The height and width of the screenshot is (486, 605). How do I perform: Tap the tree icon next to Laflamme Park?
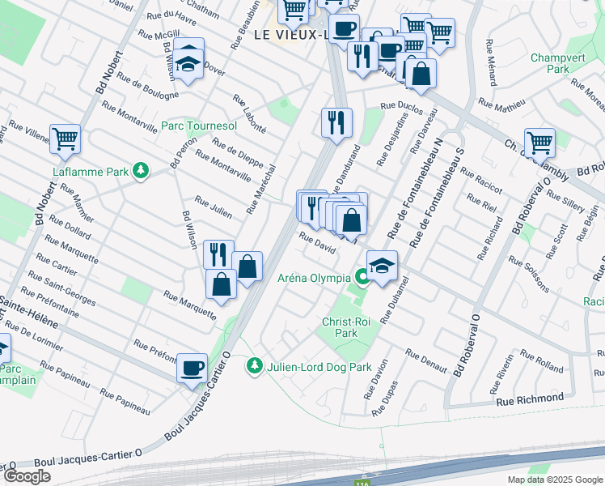point(142,170)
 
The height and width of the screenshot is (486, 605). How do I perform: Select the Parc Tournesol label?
point(199,126)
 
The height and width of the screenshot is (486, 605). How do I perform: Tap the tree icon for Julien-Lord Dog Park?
point(255,367)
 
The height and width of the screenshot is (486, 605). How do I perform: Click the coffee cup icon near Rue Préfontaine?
point(192,368)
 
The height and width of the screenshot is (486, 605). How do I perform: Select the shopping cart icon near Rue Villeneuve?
point(65,138)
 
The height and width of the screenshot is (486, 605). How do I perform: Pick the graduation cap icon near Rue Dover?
point(188,61)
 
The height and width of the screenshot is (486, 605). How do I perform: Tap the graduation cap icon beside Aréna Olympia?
point(383,264)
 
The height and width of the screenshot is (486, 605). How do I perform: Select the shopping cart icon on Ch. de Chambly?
point(539,142)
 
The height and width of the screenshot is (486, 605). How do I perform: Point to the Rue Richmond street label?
point(530,399)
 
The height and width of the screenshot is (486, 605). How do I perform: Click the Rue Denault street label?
point(426,361)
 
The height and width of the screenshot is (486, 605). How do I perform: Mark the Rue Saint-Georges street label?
point(59,291)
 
